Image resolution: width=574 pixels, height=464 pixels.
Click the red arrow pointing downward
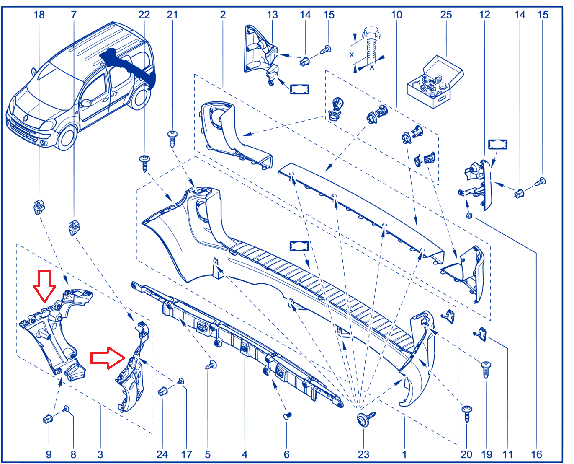(x=44, y=285)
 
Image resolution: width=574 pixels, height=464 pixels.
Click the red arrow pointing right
(x=108, y=358)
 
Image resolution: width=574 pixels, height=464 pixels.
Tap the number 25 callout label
(x=446, y=15)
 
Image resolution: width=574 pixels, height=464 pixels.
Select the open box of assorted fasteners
(x=435, y=82)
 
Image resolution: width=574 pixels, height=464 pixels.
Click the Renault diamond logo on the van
(x=26, y=118)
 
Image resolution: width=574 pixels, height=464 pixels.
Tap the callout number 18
(x=39, y=15)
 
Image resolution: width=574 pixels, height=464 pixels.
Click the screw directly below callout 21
(x=172, y=138)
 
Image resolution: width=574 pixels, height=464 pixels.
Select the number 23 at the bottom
(x=363, y=454)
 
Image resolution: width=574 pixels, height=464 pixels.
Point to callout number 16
(x=536, y=454)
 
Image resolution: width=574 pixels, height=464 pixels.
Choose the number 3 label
(x=100, y=454)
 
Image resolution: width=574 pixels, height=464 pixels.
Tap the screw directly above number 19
(x=486, y=370)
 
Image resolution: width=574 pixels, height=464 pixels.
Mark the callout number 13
(x=272, y=15)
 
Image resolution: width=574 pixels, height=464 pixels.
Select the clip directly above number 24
(x=162, y=391)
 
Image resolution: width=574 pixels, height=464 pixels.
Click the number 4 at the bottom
(x=245, y=454)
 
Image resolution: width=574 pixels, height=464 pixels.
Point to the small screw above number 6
(x=287, y=416)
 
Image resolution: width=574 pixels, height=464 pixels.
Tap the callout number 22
(x=144, y=15)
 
